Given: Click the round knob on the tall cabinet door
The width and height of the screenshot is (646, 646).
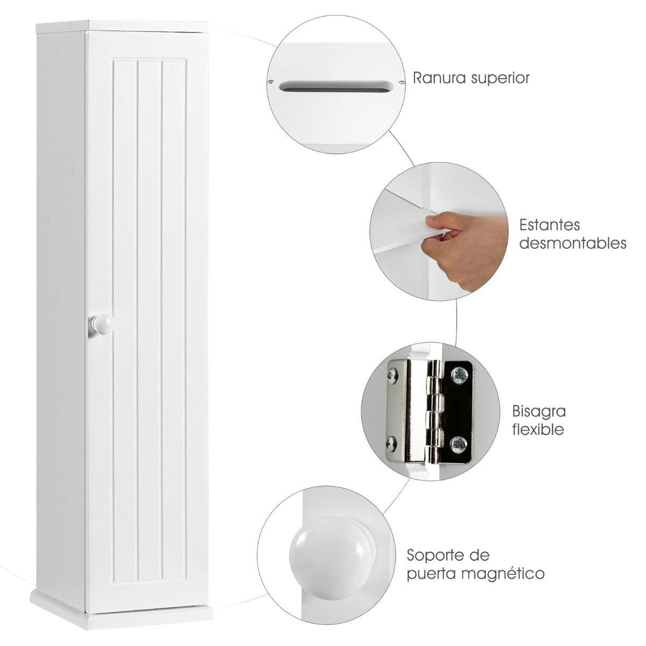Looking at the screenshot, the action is (x=102, y=324).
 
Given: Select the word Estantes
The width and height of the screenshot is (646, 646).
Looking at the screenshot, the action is (x=550, y=225).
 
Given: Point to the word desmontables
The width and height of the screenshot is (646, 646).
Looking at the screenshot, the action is (x=573, y=243).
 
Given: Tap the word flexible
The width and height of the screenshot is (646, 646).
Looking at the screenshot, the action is (x=538, y=430).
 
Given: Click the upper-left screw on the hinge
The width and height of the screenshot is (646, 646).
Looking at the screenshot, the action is (x=392, y=376).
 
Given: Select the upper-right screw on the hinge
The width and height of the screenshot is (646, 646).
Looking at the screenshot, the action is (x=459, y=375).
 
